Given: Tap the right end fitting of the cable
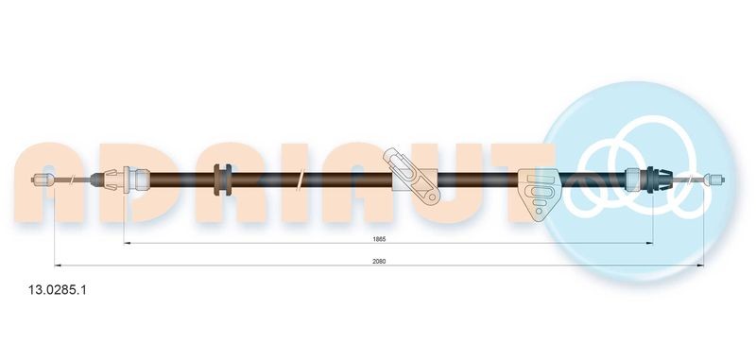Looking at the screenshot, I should click(714, 178).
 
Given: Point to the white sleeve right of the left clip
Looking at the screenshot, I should click(137, 178).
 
